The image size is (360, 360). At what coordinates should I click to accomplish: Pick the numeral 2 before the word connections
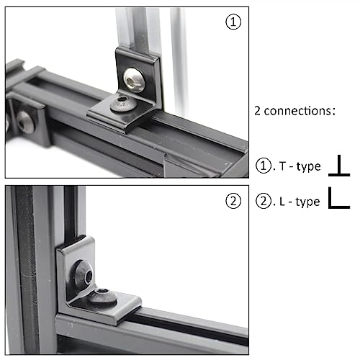257,112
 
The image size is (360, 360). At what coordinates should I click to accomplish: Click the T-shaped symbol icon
338,167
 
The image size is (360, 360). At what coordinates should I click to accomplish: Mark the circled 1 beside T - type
263,167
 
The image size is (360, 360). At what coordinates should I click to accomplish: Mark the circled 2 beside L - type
263,202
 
